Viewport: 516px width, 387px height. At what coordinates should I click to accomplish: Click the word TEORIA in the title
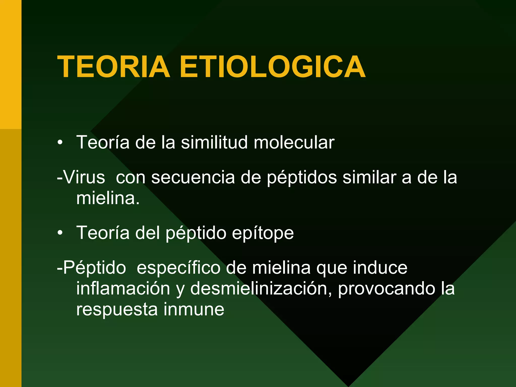[x=114, y=67]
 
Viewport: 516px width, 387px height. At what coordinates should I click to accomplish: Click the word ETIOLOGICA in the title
[x=272, y=67]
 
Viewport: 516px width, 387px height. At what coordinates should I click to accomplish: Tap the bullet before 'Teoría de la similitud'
[x=60, y=143]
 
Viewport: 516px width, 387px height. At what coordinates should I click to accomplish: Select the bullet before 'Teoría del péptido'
[x=60, y=233]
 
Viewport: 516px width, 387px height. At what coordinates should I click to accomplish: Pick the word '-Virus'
[x=81, y=177]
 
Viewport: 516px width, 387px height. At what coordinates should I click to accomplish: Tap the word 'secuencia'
[x=193, y=177]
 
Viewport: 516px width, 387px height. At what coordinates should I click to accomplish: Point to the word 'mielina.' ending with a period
[x=108, y=198]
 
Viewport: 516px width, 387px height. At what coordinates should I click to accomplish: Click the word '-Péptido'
[x=91, y=268]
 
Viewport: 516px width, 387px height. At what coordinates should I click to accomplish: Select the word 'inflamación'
[x=123, y=288]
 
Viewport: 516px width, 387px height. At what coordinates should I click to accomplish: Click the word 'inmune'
[x=194, y=309]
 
